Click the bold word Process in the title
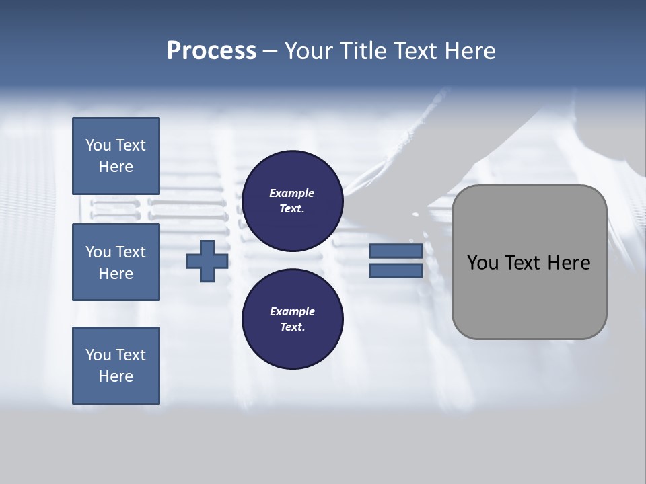211,51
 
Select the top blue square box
116,156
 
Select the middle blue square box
116,262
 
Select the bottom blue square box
116,366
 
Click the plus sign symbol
207,261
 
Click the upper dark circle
293,201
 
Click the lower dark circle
293,319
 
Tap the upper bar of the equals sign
396,251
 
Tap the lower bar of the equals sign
396,271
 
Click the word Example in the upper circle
292,193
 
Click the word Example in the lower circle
292,311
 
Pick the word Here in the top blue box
116,167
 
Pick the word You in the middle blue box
98,252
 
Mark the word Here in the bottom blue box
116,376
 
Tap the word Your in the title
308,51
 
